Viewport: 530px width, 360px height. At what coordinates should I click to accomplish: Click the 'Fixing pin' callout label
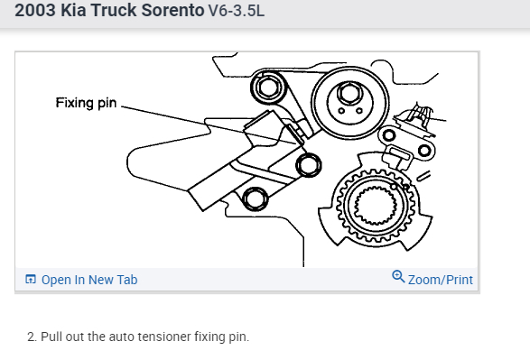coord(86,103)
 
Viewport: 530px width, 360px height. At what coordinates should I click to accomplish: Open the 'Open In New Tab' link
coord(89,280)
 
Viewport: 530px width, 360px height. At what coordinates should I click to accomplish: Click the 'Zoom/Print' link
coord(440,280)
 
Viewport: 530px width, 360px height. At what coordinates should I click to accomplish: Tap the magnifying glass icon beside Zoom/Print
coord(398,276)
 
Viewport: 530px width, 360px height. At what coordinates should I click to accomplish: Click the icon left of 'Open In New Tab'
coord(31,280)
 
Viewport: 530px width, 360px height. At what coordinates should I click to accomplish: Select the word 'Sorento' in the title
coord(172,10)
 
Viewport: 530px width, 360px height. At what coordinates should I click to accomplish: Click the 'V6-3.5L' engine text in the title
coord(237,11)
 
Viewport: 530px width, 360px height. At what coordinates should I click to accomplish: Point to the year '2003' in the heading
coord(35,10)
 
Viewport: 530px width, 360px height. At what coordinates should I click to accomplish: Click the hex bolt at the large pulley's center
coord(349,92)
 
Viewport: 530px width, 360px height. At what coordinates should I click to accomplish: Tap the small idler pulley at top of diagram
coord(267,88)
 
